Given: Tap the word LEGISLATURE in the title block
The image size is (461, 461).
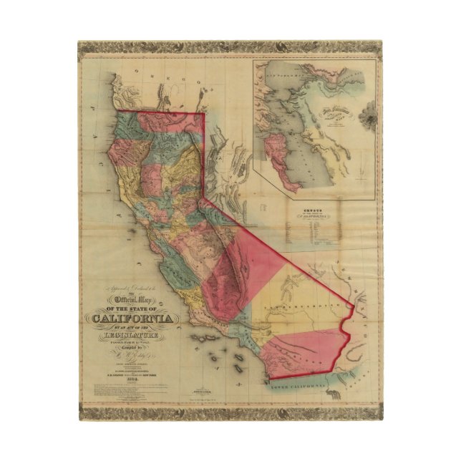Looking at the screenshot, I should [x=132, y=335].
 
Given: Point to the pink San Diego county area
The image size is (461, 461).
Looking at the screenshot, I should [x=301, y=351].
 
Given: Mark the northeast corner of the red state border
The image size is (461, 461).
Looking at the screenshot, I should [x=205, y=113].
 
